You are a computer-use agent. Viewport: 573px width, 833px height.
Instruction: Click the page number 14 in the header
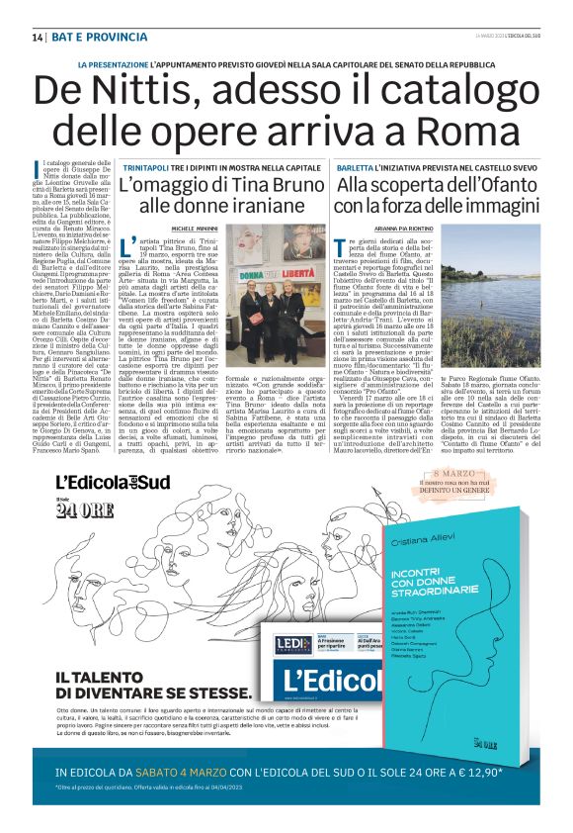pyautogui.click(x=38, y=38)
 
